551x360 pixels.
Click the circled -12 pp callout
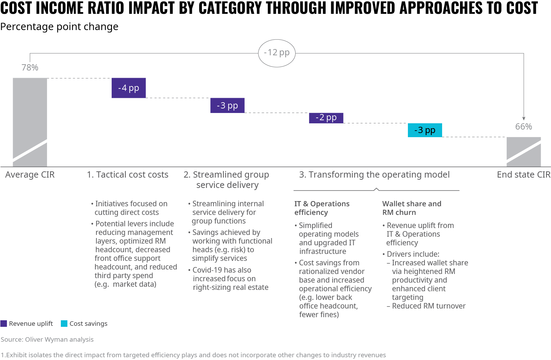pos(277,53)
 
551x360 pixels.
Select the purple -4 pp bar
pos(129,88)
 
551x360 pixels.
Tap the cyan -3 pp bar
pos(425,130)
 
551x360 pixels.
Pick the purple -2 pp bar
pos(326,118)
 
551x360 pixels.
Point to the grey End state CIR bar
pos(523,152)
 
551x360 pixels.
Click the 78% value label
pos(30,67)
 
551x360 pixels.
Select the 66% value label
pos(523,126)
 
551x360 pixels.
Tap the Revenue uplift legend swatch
pos(4,324)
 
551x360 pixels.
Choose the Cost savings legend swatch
pos(64,324)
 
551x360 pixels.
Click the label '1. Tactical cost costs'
pos(128,175)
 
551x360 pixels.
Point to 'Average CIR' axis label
pos(30,175)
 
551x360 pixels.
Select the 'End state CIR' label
pos(523,175)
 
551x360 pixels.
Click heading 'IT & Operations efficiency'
pos(321,208)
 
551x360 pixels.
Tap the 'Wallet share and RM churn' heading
pos(411,208)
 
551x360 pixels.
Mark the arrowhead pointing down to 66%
pos(524,119)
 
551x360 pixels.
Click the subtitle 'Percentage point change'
pos(59,27)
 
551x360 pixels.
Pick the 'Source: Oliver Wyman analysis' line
pos(47,340)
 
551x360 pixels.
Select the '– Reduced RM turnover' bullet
pos(426,306)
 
